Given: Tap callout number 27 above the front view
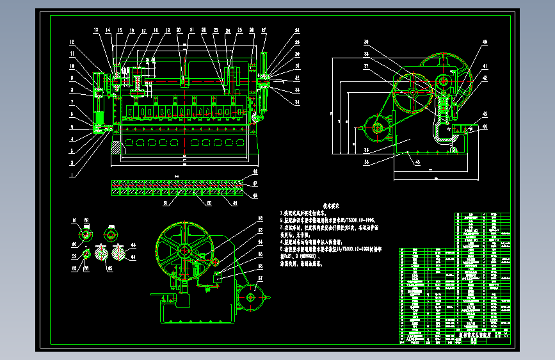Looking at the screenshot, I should (264, 29).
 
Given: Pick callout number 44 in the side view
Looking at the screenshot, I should (484, 127).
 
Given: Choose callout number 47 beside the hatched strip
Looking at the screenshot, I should (255, 183).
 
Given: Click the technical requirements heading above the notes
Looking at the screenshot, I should (330, 207).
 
